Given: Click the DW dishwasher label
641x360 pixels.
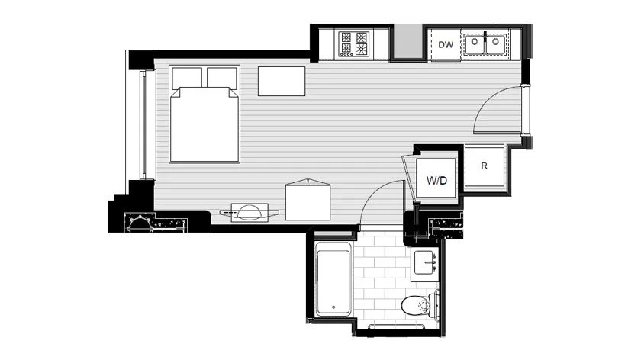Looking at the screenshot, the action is pyautogui.click(x=446, y=44).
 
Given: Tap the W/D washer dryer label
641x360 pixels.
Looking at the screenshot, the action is pyautogui.click(x=436, y=180).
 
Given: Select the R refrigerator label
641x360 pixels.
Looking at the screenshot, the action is pyautogui.click(x=484, y=166).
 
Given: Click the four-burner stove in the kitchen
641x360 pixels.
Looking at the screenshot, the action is pyautogui.click(x=353, y=43).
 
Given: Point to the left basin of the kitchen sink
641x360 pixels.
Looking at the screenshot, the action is pyautogui.click(x=475, y=42).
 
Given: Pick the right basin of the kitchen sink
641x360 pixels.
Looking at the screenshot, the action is pyautogui.click(x=495, y=42).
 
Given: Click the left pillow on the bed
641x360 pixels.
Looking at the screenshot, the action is pyautogui.click(x=187, y=78).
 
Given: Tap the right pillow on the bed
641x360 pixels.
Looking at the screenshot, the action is pyautogui.click(x=222, y=78).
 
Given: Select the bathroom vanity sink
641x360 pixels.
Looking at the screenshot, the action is pyautogui.click(x=425, y=262).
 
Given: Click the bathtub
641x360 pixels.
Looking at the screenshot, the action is pyautogui.click(x=333, y=278).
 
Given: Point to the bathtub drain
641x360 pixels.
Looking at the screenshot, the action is pyautogui.click(x=333, y=307).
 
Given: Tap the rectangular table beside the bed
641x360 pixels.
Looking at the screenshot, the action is pyautogui.click(x=282, y=81).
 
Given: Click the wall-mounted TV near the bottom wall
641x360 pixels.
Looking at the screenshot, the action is pyautogui.click(x=250, y=213).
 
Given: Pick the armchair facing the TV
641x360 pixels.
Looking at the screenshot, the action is pyautogui.click(x=308, y=200).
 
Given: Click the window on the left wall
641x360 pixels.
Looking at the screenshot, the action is pyautogui.click(x=143, y=125).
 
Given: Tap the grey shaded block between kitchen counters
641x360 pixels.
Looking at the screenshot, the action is pyautogui.click(x=407, y=41).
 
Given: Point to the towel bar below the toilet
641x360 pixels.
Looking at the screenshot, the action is pyautogui.click(x=396, y=326).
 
